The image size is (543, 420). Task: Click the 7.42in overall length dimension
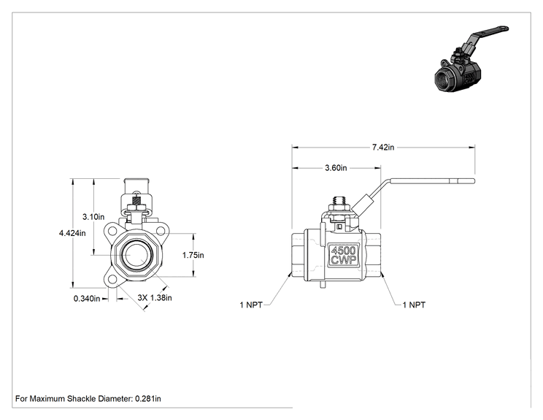click(383, 148)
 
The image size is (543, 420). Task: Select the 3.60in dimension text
click(336, 168)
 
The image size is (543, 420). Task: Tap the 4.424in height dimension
click(72, 233)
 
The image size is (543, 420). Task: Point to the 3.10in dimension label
click(93, 217)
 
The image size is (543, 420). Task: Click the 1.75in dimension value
click(193, 255)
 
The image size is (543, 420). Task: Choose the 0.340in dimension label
click(87, 298)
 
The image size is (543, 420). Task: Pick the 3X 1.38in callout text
click(155, 298)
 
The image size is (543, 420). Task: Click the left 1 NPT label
click(251, 305)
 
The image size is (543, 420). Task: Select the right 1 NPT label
click(414, 305)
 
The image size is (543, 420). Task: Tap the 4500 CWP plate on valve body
click(344, 256)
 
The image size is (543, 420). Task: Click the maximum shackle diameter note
click(88, 399)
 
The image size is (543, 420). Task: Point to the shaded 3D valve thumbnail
click(471, 59)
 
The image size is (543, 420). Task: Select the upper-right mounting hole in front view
click(161, 230)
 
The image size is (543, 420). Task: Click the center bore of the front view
click(136, 255)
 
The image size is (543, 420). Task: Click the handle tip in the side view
click(474, 180)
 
